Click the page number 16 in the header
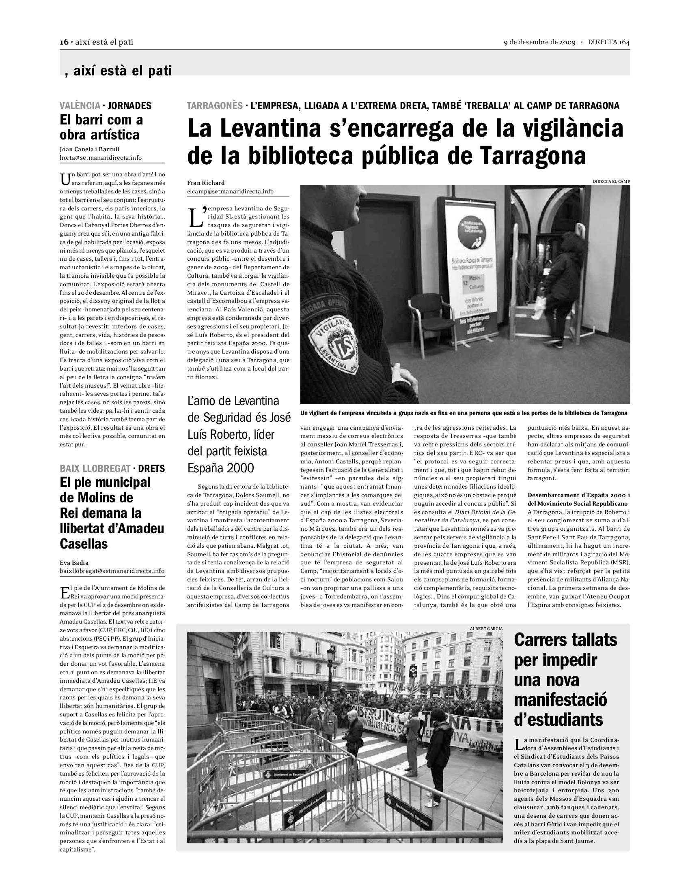pyautogui.click(x=64, y=42)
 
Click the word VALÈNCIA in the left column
pyautogui.click(x=80, y=106)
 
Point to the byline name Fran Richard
pyautogui.click(x=206, y=183)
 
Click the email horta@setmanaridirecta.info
pyautogui.click(x=101, y=158)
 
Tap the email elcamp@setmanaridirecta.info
pyautogui.click(x=230, y=191)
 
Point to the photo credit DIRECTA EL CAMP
pyautogui.click(x=612, y=181)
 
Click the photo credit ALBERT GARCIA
pyautogui.click(x=486, y=628)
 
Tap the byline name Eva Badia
pyautogui.click(x=74, y=563)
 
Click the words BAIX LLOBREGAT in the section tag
pyautogui.click(x=95, y=468)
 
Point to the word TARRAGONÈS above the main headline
pyautogui.click(x=215, y=106)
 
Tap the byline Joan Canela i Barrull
pyautogui.click(x=90, y=150)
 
